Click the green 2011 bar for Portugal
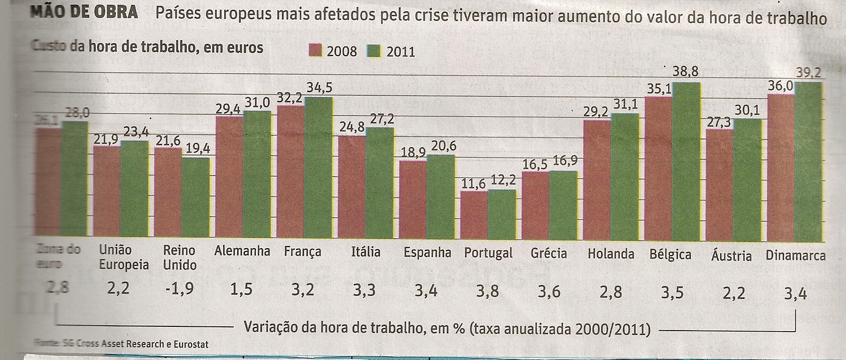[502, 213]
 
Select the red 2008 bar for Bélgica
[659, 166]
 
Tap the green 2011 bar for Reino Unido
[195, 196]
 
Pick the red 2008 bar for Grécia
[536, 204]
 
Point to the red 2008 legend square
[315, 51]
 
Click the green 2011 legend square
[374, 51]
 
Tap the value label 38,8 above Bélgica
[685, 71]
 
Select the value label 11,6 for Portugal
[473, 183]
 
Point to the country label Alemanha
[242, 251]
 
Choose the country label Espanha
[427, 252]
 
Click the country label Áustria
[731, 255]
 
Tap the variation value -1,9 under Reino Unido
[179, 289]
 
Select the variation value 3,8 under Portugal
[488, 291]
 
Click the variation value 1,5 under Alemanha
[241, 289]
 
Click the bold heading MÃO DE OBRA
[85, 12]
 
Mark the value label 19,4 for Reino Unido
[197, 149]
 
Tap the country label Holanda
[611, 254]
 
